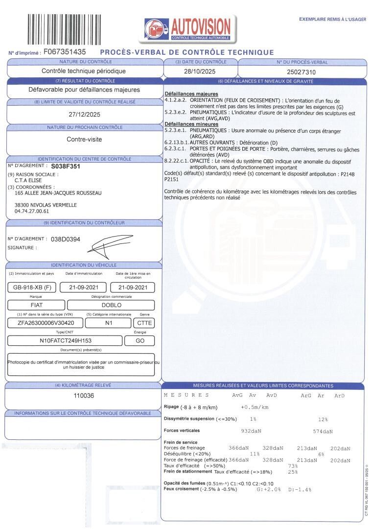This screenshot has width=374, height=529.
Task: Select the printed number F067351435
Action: point(65,51)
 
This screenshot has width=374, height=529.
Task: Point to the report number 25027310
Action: point(302,72)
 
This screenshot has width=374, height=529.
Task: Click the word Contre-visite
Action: point(84,139)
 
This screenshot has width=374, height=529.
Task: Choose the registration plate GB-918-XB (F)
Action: point(32,288)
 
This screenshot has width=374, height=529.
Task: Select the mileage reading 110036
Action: point(84,396)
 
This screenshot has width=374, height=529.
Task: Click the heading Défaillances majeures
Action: point(191,94)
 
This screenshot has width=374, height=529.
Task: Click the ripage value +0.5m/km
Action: point(255,408)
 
